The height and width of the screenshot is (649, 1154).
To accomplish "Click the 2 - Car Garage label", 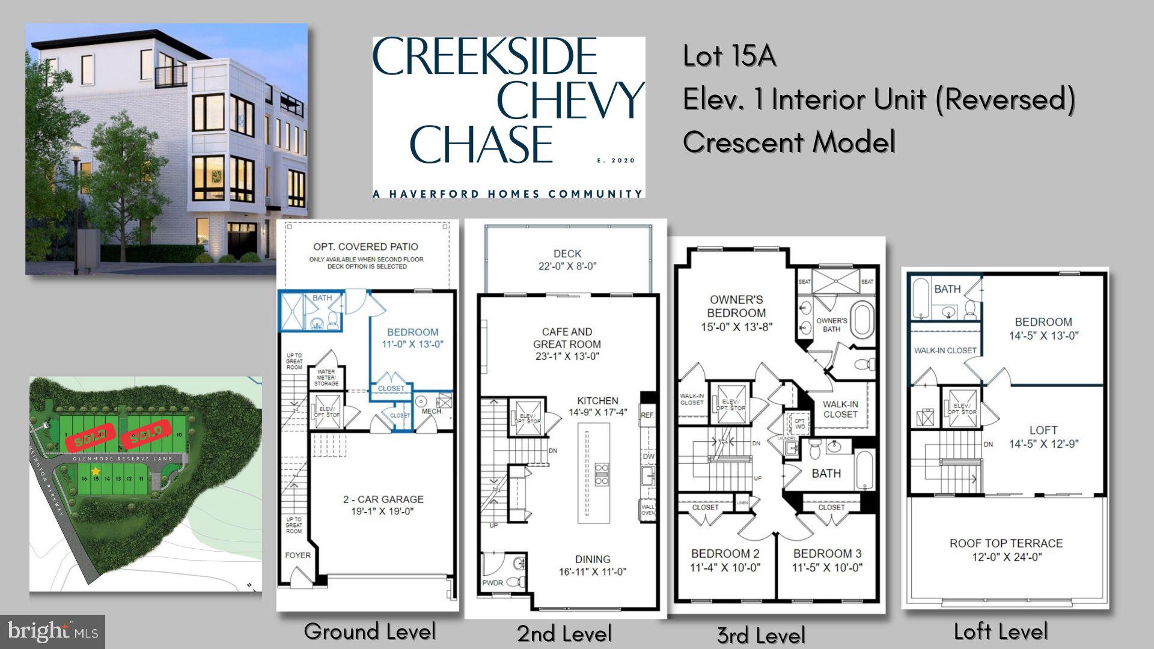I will (x=383, y=505).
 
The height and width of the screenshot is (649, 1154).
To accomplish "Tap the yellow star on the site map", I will (x=96, y=471).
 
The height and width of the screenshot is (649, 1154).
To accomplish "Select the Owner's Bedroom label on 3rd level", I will (x=736, y=312).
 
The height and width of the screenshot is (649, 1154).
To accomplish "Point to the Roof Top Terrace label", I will (x=1006, y=549).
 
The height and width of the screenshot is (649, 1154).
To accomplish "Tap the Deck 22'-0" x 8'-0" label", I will (x=567, y=260).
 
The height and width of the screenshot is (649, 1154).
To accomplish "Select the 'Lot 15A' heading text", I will (x=729, y=56).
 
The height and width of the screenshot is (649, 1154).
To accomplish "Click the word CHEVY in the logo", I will (x=570, y=99).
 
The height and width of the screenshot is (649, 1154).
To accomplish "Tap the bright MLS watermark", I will (x=53, y=632).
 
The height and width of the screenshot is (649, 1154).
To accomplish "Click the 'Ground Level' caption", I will (x=369, y=631).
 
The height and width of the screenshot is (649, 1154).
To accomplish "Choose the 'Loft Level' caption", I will (x=1000, y=631).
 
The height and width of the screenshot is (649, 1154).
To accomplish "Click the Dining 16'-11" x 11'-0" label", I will (x=592, y=565).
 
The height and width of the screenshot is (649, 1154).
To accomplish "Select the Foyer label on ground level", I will (x=298, y=555).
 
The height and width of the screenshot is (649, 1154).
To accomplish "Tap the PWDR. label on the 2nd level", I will (x=492, y=582).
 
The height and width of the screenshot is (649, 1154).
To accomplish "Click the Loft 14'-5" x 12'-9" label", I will (x=1043, y=437).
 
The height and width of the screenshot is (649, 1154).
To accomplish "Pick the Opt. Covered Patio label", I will (x=365, y=246).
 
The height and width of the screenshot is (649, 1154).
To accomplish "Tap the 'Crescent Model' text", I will (x=789, y=142).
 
